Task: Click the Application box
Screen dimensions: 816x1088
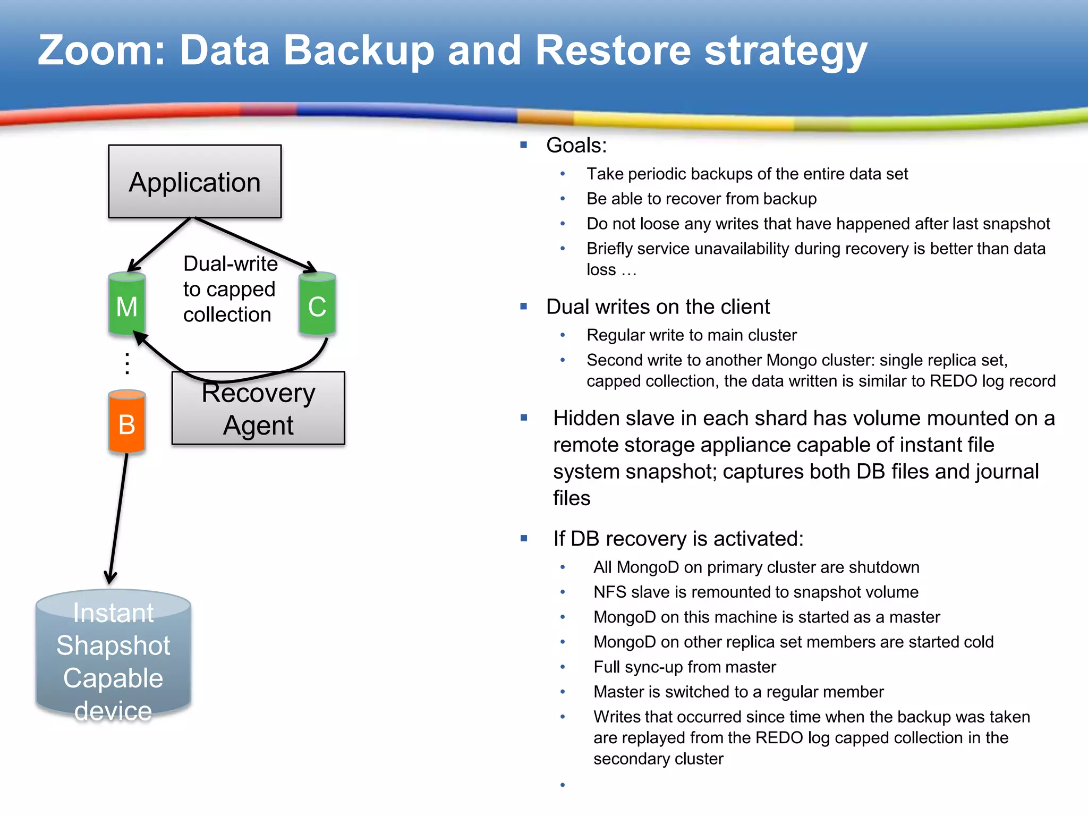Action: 194,181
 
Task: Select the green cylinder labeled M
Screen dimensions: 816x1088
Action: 126,305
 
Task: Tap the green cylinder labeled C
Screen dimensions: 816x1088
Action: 317,305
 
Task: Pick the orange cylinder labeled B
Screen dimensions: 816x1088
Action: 126,423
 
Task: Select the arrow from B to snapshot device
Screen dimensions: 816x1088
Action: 118,518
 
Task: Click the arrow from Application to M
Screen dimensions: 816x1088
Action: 159,244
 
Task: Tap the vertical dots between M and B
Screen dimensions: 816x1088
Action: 127,363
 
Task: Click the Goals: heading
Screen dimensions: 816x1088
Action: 576,146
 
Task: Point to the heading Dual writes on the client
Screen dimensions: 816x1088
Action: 658,307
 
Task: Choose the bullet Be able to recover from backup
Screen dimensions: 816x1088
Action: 701,199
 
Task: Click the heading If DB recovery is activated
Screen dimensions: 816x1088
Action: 678,539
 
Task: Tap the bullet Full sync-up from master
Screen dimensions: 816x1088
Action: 684,667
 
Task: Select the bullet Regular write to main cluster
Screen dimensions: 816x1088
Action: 691,335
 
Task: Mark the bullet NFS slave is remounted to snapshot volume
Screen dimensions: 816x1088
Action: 755,592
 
